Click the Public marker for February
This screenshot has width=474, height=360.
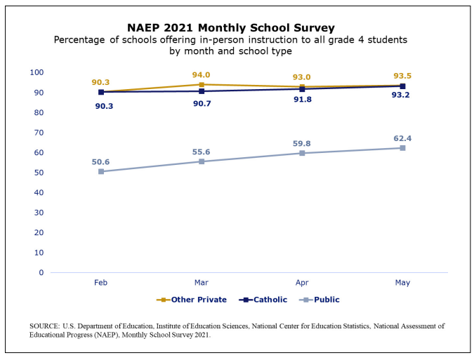click(101, 171)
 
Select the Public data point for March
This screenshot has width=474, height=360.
click(202, 161)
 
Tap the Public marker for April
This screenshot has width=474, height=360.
click(302, 153)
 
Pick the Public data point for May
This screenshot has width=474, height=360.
click(402, 148)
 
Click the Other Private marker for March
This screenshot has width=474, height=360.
click(202, 85)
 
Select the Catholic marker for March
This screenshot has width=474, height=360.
click(202, 91)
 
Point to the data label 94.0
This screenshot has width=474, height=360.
click(201, 75)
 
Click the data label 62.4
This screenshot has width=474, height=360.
click(402, 138)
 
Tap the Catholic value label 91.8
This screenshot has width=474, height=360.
click(302, 100)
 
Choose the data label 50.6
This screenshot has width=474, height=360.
click(100, 162)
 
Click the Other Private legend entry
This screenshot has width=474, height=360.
click(191, 300)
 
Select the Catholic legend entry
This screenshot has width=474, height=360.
click(263, 300)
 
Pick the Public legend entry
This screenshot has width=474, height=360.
click(320, 300)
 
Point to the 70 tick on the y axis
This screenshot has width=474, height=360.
click(39, 133)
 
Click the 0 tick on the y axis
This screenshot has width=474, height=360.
click(41, 273)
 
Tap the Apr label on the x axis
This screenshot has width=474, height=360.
click(302, 283)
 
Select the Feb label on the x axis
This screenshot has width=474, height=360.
click(100, 283)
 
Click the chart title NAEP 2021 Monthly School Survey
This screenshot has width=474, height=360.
click(231, 28)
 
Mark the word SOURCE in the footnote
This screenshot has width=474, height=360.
click(44, 326)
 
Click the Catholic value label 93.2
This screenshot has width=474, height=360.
click(400, 95)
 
